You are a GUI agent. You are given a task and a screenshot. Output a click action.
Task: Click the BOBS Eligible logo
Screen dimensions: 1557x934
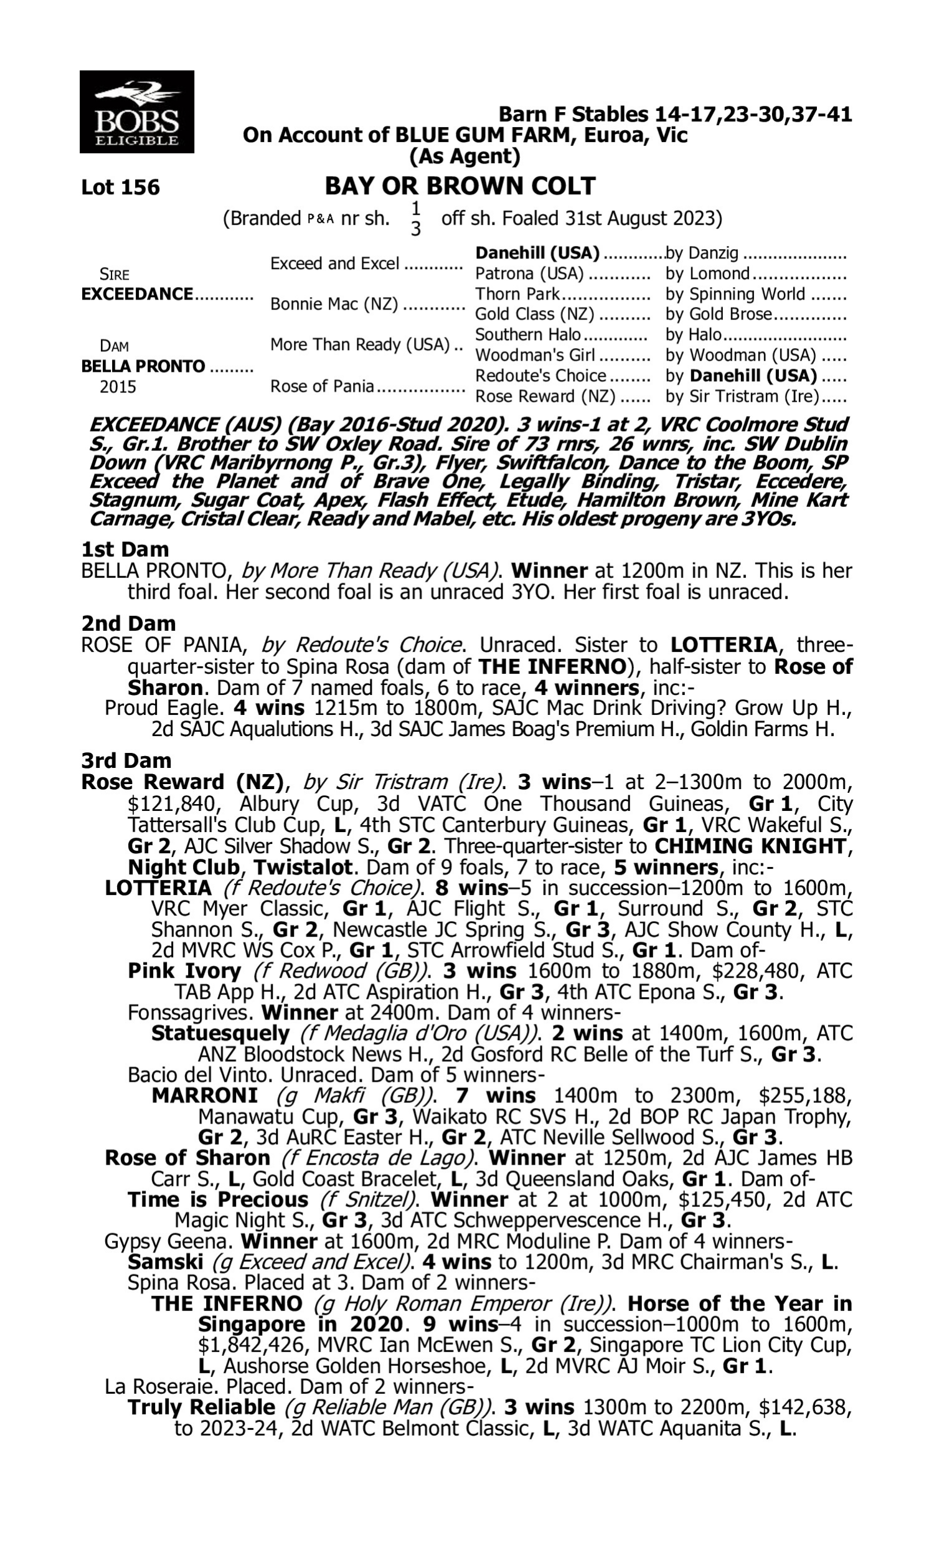pos(136,111)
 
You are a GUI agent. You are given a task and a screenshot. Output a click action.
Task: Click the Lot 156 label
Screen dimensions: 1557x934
pos(120,187)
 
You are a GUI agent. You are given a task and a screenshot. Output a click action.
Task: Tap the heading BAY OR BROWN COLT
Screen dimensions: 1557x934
pos(460,186)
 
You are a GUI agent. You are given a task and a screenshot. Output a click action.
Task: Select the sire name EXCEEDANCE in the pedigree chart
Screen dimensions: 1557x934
pos(137,294)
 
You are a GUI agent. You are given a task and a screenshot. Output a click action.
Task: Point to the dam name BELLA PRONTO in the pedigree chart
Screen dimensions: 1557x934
pos(143,366)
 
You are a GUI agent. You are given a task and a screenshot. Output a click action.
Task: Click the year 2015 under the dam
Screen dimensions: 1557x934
pos(118,386)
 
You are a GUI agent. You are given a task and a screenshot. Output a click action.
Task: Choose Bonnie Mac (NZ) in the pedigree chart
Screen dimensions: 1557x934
pos(334,304)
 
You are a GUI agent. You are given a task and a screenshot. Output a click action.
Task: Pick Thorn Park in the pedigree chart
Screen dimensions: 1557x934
pos(517,294)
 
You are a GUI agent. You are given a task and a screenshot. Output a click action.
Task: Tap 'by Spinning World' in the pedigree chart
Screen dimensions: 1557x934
pos(735,294)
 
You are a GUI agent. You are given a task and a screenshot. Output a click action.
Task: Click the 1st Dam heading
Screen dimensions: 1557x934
pos(125,549)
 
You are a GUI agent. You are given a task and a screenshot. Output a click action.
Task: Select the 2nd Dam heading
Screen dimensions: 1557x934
pos(128,623)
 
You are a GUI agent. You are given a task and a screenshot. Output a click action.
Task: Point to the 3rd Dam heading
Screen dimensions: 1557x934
pos(126,760)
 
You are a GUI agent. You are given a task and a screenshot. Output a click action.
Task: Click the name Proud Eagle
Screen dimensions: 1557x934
pos(164,708)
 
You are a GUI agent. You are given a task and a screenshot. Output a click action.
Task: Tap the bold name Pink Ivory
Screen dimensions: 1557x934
pos(184,970)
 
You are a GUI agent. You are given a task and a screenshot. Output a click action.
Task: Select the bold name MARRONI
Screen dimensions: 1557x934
pos(205,1095)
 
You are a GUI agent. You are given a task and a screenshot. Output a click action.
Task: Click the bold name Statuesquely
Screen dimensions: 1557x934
pos(220,1033)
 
